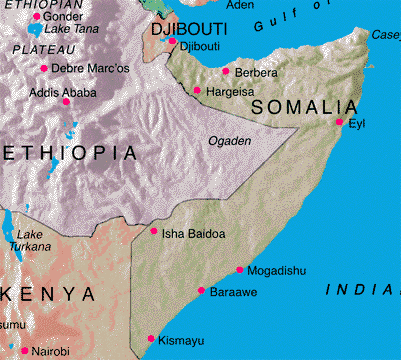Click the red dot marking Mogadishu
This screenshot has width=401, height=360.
[x=240, y=270]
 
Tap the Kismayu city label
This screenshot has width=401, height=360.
[x=181, y=341]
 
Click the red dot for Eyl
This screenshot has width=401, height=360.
[x=340, y=122]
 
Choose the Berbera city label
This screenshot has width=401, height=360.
[x=256, y=73]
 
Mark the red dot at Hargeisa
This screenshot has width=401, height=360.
[x=197, y=91]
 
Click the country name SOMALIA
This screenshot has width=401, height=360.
[x=304, y=106]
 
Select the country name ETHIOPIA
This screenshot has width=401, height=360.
[x=70, y=153]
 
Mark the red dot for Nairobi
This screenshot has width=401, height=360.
[x=24, y=351]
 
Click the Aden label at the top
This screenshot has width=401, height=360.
[x=241, y=5]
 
